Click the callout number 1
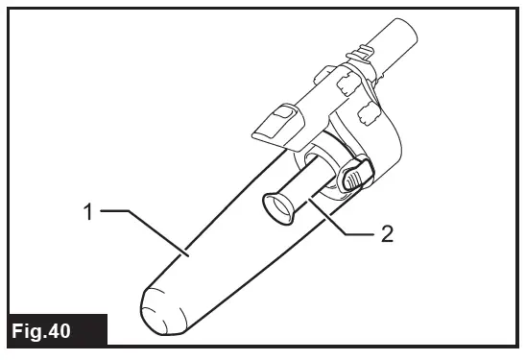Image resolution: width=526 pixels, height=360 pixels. coord(87,212)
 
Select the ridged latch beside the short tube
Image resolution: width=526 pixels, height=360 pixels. coord(354,175)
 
